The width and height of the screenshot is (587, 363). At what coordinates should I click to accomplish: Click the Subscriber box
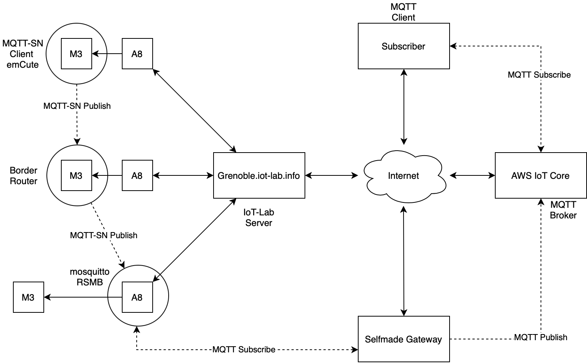[404, 46]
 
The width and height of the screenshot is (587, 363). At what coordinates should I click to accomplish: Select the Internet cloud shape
[404, 175]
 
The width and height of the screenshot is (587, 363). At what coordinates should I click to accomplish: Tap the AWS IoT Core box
[540, 175]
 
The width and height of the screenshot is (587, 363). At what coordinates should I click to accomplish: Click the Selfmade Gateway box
[404, 339]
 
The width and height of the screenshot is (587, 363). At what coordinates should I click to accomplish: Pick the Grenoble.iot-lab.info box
[259, 175]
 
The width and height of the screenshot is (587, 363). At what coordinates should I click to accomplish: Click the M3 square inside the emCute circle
[76, 54]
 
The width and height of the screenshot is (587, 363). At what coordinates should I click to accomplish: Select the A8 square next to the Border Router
[137, 175]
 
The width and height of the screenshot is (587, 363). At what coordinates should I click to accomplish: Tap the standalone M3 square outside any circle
[28, 297]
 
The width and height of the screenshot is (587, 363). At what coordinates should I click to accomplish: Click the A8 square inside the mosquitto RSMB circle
[137, 297]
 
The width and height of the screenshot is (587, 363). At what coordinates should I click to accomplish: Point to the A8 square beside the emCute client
[137, 54]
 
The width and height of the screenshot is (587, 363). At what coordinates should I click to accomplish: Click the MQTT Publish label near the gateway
[540, 337]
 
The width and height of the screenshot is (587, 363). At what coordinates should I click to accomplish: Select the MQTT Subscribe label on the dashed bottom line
[244, 349]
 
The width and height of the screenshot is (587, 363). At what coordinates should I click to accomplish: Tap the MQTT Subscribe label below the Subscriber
[539, 75]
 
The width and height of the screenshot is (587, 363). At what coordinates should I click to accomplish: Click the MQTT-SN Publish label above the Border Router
[77, 106]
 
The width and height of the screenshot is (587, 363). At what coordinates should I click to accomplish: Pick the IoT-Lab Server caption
[259, 218]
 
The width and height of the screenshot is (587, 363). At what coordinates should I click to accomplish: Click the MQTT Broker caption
[563, 210]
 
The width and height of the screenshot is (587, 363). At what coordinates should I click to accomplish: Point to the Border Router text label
[24, 176]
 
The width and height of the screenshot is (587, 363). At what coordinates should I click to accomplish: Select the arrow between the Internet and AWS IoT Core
[472, 175]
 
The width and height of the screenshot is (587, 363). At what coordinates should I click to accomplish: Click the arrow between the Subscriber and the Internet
[404, 107]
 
